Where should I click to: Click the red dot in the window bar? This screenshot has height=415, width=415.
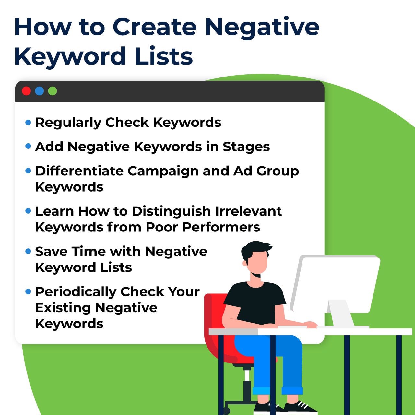pos(26,91)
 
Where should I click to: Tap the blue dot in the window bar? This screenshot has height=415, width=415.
pos(39,91)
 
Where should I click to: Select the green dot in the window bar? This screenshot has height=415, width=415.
pos(53,91)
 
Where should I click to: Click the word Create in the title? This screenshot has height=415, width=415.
pos(155,27)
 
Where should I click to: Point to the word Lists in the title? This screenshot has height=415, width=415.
pos(164,56)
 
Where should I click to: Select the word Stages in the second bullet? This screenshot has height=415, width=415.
pos(246,147)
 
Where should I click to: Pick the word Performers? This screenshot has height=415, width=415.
pos(221,227)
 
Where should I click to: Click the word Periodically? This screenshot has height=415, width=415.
pos(76,292)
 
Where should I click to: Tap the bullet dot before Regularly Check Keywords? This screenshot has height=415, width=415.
pos(28,123)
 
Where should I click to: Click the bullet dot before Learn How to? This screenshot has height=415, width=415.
pos(28,211)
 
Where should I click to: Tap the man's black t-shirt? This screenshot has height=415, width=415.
pos(256,302)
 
